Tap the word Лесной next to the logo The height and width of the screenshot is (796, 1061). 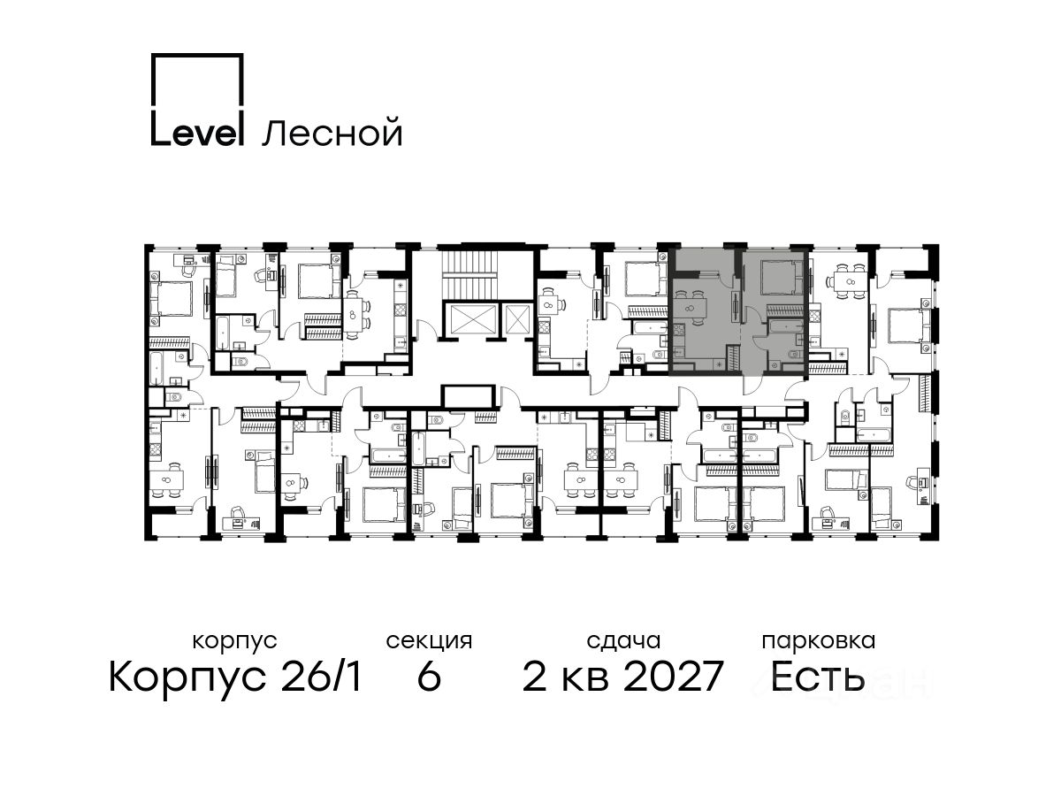tap(332, 133)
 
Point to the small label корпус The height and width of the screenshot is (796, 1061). tap(235, 642)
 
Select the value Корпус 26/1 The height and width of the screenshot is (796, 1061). tap(235, 677)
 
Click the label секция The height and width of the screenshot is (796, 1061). tap(429, 642)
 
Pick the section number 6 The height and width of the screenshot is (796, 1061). tap(429, 677)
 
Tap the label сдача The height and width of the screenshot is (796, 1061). tap(623, 642)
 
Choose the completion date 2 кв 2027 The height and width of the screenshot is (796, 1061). tap(623, 677)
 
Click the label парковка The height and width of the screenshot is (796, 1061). tap(819, 642)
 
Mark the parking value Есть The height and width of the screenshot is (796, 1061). tap(817, 677)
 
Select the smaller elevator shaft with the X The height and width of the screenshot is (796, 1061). tap(516, 318)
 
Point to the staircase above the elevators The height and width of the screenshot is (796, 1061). tap(470, 272)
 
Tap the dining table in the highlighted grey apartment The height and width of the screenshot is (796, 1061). tap(691, 308)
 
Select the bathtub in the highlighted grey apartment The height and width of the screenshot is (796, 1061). tap(784, 326)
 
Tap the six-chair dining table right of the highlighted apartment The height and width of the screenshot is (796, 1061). tap(844, 281)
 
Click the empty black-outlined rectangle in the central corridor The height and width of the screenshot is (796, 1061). tap(469, 397)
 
